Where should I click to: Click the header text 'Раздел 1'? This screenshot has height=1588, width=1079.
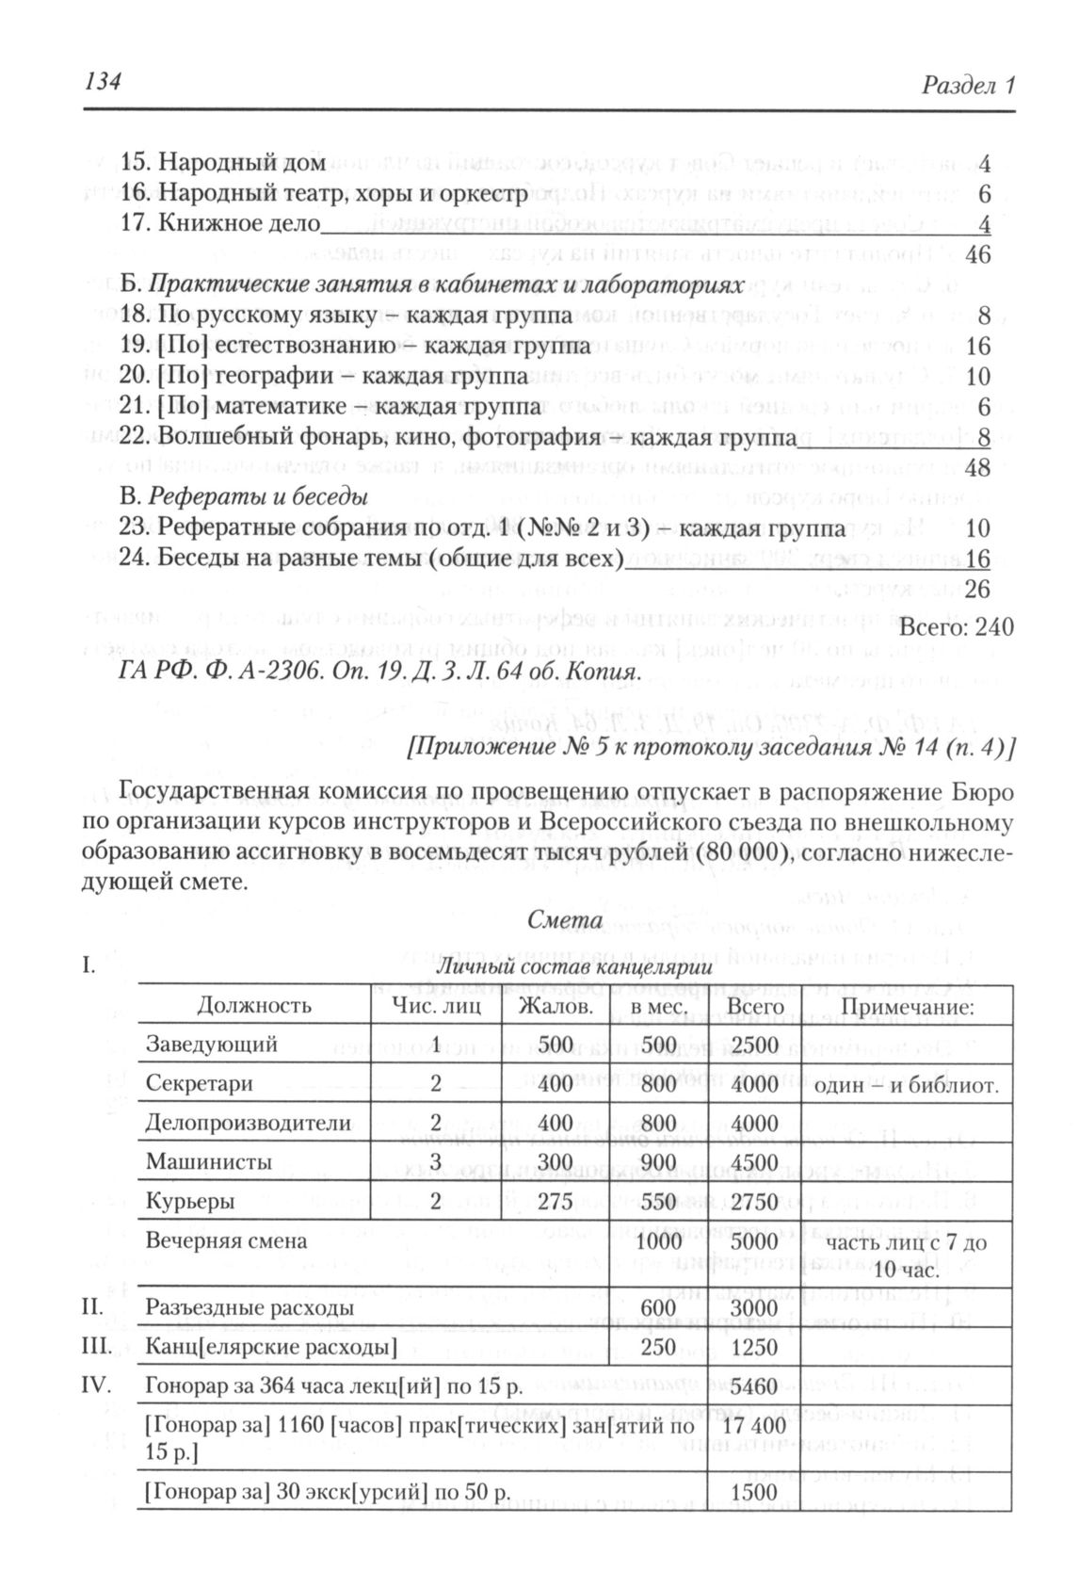pos(968,86)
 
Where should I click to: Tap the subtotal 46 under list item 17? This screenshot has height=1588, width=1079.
pos(978,254)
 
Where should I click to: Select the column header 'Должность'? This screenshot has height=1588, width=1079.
pos(254,1005)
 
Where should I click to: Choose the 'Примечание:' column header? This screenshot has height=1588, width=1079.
pos(906,1005)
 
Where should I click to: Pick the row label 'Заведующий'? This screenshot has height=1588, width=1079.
pos(211,1045)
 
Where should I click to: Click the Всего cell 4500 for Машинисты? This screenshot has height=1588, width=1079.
pos(754,1162)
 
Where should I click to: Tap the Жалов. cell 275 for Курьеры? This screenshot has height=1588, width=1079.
pos(555,1202)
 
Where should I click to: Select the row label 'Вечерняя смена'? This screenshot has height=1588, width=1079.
pos(226,1240)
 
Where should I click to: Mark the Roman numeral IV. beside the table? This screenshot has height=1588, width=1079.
pos(96,1385)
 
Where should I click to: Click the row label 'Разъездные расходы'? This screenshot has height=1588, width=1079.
pos(250,1308)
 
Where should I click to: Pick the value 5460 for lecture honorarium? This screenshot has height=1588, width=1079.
pos(754,1386)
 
